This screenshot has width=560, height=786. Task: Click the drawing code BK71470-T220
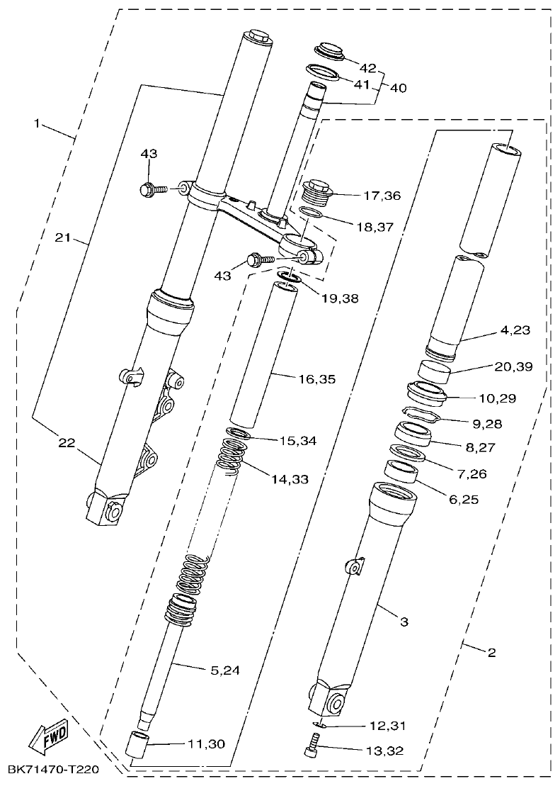[x=54, y=770]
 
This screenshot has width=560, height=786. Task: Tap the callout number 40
[x=398, y=89]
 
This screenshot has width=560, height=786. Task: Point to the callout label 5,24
[x=225, y=670]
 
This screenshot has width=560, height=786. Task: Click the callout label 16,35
[x=316, y=380]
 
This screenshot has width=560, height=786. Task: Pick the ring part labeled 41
[x=322, y=72]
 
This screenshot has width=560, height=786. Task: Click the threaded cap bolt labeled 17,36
[x=316, y=190]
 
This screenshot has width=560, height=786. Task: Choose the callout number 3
[x=404, y=622]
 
